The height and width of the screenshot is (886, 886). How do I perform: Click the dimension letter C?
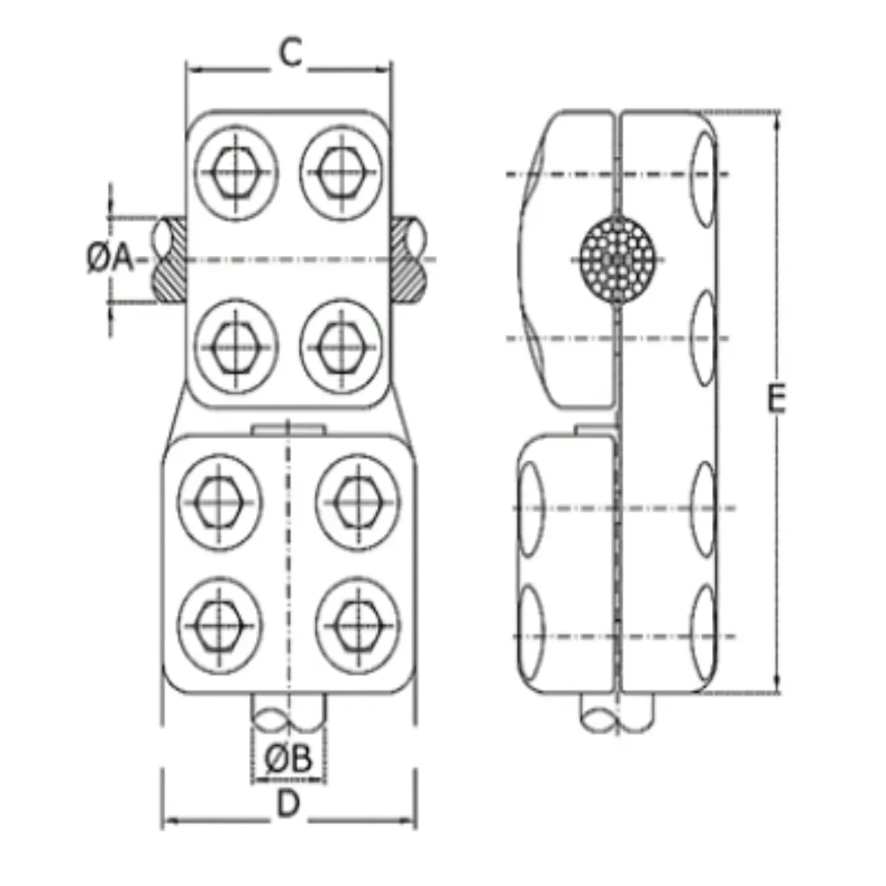click(x=289, y=53)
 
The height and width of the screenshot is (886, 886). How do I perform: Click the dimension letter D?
click(x=287, y=805)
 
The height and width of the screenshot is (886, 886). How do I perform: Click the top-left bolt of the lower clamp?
click(x=220, y=502)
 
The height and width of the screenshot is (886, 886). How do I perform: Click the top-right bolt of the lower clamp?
click(x=358, y=502)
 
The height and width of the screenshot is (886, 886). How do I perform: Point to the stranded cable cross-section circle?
click(x=616, y=259)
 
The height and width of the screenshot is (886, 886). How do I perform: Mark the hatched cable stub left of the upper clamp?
click(x=169, y=259)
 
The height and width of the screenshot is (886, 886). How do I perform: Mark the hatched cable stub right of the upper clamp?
click(x=408, y=259)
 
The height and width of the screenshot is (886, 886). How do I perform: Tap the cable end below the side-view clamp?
click(x=617, y=711)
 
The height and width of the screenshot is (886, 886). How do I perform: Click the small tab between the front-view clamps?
click(x=288, y=430)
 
